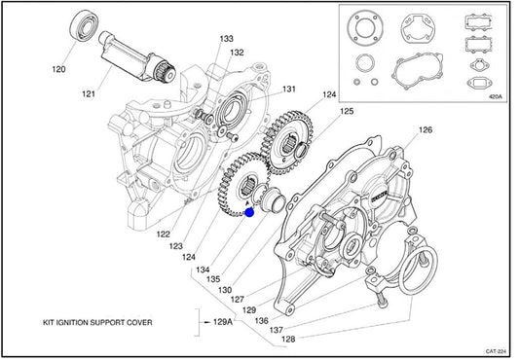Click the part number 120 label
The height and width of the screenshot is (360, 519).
coord(58,69)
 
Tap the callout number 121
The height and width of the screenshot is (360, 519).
coord(89,94)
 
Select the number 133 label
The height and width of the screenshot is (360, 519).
coord(227,39)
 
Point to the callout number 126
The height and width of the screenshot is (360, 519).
coord(426,129)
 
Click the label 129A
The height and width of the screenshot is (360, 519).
coord(222,322)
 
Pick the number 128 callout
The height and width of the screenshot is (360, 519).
coord(288,340)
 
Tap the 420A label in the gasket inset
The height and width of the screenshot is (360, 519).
coord(496,97)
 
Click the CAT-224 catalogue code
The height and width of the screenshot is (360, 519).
coord(496,351)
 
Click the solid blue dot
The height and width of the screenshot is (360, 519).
coord(249,213)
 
